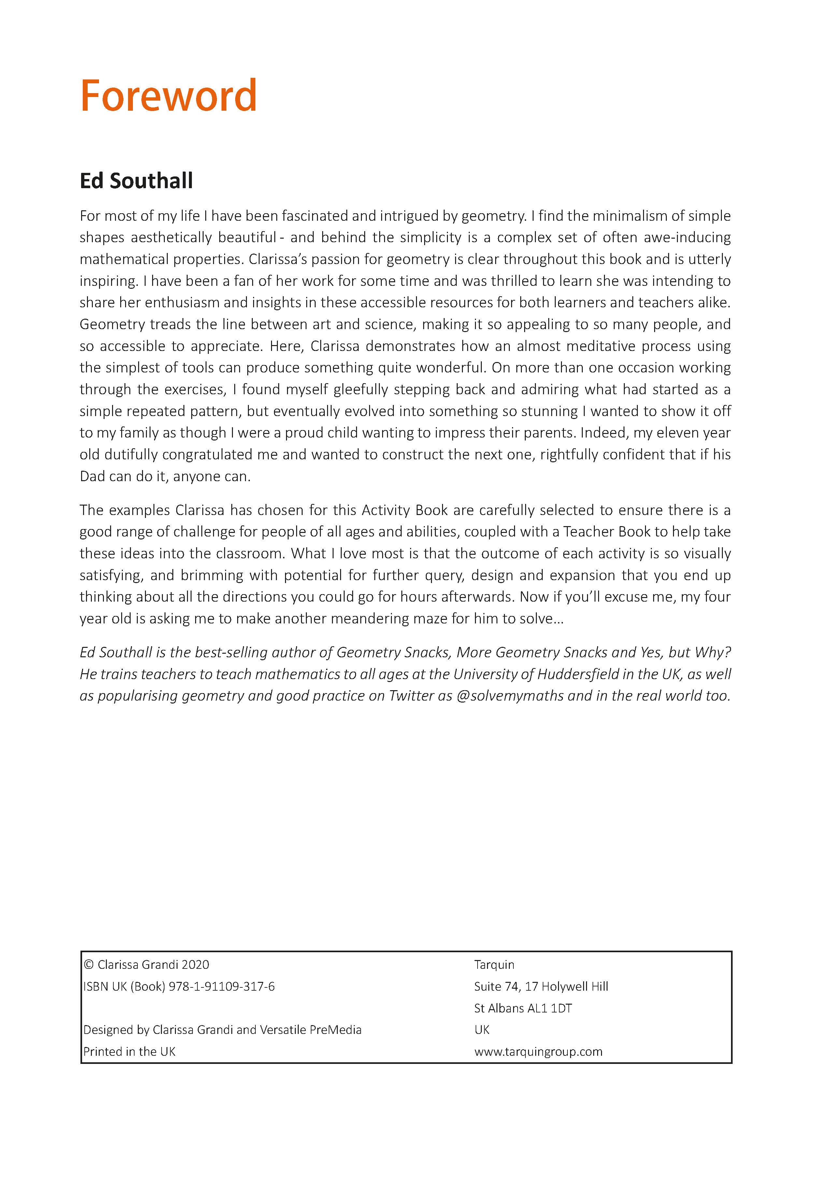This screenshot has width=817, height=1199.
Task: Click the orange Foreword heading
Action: tap(168, 96)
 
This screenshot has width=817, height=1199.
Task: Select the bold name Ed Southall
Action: tap(136, 181)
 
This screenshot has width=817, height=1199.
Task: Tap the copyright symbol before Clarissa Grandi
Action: tap(88, 964)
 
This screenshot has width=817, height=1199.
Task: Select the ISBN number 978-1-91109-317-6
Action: tap(222, 986)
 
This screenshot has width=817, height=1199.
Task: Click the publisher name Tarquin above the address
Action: tap(494, 964)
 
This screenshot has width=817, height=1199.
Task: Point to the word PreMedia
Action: tap(336, 1029)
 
